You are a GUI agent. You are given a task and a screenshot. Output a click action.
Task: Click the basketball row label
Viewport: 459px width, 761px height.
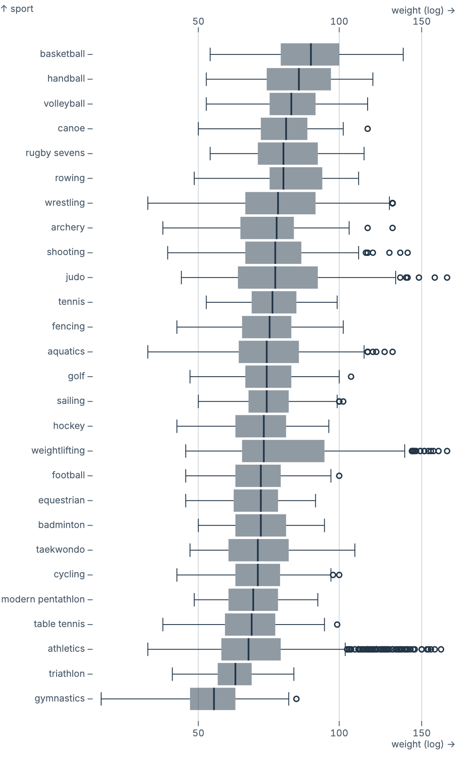[x=62, y=54]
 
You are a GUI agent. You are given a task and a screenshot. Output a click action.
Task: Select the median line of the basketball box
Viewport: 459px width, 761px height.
[x=311, y=54]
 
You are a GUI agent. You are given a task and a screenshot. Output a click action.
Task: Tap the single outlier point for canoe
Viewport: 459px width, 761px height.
[x=368, y=129]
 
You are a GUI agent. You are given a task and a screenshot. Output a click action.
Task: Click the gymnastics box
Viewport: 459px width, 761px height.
[x=212, y=699]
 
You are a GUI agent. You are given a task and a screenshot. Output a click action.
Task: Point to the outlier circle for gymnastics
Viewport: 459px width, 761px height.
[x=296, y=699]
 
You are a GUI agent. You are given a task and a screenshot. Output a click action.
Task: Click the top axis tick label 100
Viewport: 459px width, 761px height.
[x=339, y=21]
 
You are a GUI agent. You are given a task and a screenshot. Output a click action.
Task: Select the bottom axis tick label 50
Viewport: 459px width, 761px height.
[x=198, y=733]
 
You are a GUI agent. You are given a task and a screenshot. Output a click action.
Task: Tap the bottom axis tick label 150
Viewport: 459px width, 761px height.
[x=421, y=733]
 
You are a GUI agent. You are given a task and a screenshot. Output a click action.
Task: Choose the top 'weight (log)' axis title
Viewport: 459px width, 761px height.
[x=417, y=11]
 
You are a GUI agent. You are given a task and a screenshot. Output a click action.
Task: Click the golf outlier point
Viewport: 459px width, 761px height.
[x=351, y=377]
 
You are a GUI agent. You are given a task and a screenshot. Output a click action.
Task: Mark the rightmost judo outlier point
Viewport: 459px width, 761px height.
[x=447, y=278]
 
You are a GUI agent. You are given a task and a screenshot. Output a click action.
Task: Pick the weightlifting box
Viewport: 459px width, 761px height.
[x=283, y=451]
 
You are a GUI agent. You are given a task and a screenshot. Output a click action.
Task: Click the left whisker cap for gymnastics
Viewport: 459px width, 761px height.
[x=101, y=699]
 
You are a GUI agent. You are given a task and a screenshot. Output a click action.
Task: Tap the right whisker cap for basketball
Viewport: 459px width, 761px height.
[x=403, y=54]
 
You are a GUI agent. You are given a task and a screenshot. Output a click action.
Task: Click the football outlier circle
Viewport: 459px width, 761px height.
[x=339, y=476]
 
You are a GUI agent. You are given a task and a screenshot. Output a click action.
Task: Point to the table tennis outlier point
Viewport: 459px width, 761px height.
[x=337, y=625]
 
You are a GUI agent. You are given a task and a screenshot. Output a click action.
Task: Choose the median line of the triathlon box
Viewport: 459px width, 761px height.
[x=235, y=674]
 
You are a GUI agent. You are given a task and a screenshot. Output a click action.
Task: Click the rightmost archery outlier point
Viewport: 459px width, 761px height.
[x=392, y=228]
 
